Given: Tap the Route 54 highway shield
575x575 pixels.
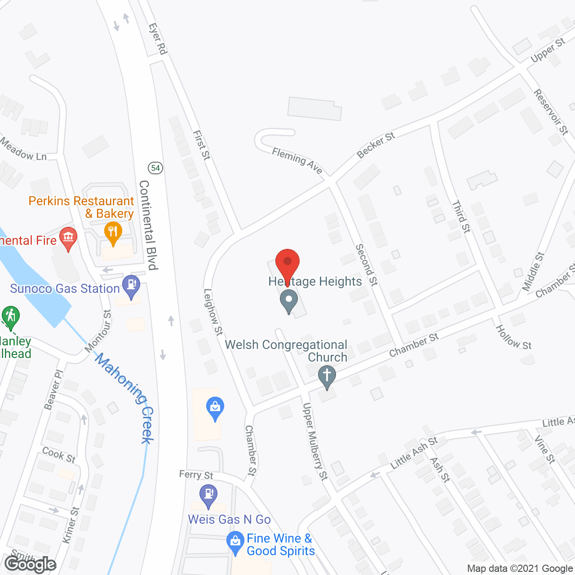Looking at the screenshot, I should [x=155, y=168].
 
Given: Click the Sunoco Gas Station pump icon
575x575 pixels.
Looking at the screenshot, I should [x=132, y=286].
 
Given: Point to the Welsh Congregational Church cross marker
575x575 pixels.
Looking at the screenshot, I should [x=327, y=376].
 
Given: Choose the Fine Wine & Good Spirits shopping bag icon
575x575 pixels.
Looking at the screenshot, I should [x=235, y=542].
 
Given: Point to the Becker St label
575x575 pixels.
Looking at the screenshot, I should [x=376, y=145].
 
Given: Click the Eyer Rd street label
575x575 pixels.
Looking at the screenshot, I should [x=158, y=39].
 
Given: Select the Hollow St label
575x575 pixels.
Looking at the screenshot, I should [x=513, y=337].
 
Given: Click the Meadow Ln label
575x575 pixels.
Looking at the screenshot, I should [x=23, y=149].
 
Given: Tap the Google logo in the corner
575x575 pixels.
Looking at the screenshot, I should [x=30, y=564].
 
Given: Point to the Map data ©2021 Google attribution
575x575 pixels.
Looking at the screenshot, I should [x=520, y=568].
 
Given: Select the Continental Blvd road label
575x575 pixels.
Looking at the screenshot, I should [x=149, y=225].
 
